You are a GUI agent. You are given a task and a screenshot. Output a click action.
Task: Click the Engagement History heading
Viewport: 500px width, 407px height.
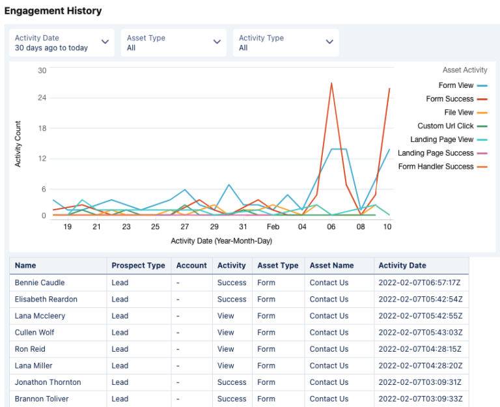point(53,11)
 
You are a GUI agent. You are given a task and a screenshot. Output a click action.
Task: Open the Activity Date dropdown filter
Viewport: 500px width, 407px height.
point(62,43)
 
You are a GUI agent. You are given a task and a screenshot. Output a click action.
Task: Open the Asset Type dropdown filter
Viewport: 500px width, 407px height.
point(174,43)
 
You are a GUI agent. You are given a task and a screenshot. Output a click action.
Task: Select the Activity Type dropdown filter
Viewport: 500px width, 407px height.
point(285,43)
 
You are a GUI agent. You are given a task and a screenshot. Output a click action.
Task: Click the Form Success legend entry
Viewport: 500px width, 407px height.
point(450,99)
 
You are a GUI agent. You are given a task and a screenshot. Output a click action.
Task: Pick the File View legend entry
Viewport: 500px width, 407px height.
point(459,113)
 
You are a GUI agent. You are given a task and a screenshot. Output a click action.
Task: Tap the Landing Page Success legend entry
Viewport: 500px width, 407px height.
point(436,153)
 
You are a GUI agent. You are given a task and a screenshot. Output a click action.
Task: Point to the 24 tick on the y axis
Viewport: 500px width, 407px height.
point(42,99)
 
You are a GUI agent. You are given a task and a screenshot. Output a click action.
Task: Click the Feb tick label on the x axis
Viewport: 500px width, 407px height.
point(273,227)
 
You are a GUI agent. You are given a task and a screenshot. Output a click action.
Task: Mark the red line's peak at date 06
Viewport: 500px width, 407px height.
point(331,83)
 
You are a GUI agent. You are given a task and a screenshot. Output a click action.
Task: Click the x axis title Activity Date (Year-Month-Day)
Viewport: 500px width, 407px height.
point(221,241)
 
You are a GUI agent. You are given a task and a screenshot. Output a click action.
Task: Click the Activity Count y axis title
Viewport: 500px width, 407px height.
point(18,144)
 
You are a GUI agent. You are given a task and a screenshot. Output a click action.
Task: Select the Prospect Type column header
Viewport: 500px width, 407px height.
point(138,266)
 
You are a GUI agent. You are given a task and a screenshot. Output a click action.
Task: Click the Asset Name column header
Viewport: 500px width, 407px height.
point(331,266)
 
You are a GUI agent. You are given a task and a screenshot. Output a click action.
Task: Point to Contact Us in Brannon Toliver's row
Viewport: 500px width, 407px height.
point(329,399)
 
